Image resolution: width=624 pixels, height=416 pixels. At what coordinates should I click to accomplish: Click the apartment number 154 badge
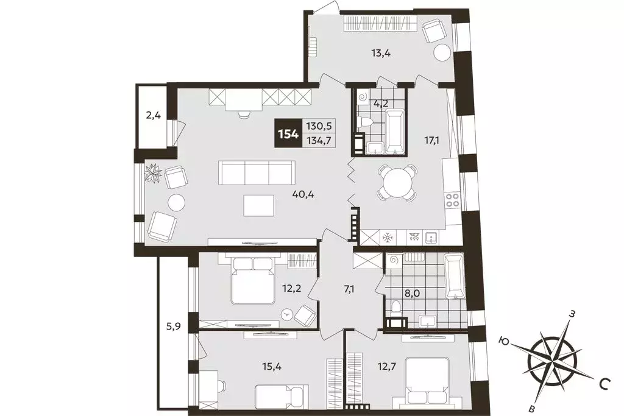(288, 134)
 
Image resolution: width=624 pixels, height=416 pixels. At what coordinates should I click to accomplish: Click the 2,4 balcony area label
(153, 116)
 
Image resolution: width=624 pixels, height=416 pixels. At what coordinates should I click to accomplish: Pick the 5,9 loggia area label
(174, 327)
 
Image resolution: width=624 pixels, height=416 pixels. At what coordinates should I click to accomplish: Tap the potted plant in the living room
(154, 173)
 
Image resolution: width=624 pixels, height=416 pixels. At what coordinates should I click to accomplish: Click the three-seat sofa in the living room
(257, 172)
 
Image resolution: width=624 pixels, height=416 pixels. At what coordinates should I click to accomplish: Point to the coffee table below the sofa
(258, 205)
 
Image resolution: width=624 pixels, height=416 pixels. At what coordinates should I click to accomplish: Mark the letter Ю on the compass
(505, 341)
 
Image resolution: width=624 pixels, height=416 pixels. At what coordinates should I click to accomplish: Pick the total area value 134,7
(319, 141)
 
